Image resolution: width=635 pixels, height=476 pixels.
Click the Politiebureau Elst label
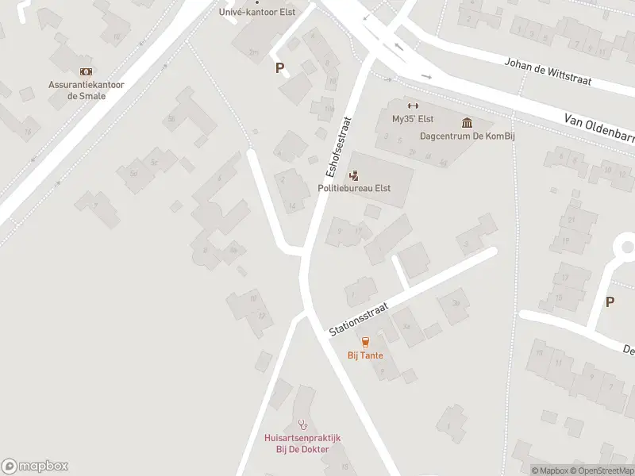point(353,188)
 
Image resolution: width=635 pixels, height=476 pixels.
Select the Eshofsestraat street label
point(337,148)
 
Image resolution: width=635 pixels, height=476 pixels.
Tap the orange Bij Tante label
point(365,355)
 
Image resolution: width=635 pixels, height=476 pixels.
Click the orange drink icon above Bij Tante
point(365,342)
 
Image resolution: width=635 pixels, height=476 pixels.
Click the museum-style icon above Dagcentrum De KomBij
point(466,122)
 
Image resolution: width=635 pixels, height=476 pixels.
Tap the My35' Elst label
point(411,119)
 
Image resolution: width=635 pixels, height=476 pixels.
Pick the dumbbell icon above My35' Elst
point(411,106)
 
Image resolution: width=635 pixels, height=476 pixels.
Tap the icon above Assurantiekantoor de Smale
point(86,71)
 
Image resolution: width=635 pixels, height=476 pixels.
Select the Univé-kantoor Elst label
point(256,12)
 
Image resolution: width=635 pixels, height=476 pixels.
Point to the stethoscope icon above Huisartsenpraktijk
point(302,424)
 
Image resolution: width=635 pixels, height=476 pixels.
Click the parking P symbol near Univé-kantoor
point(279,68)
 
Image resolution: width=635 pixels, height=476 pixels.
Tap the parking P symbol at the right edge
point(610,301)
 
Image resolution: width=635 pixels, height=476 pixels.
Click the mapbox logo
point(35,466)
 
